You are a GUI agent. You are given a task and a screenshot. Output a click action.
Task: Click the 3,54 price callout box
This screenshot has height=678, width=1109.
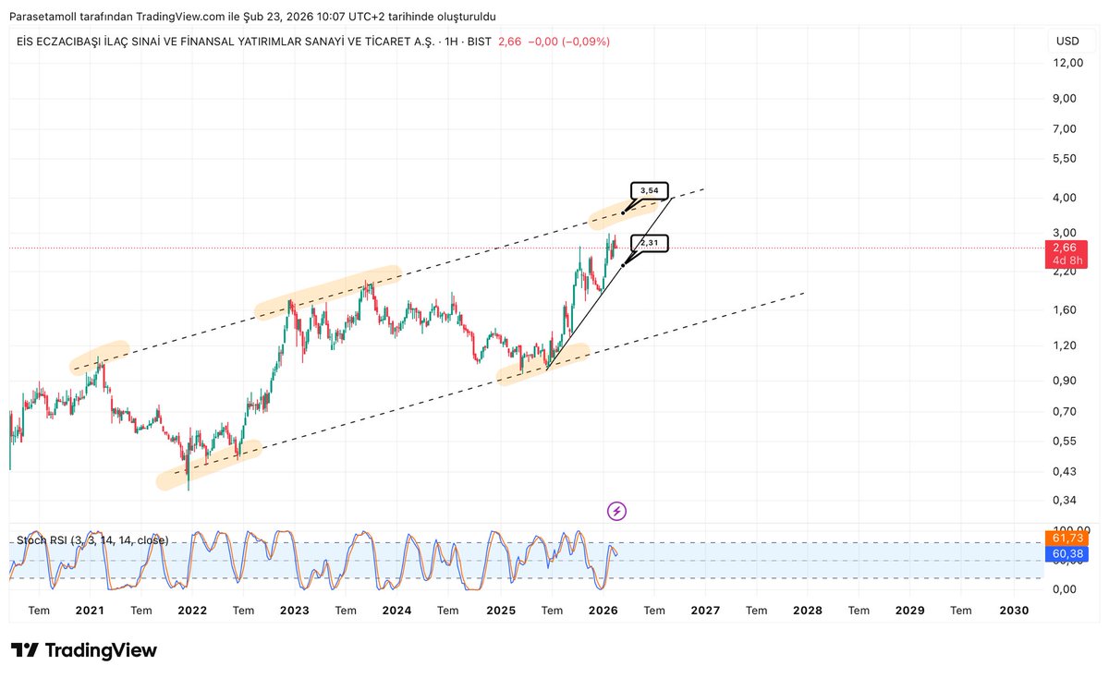(650, 191)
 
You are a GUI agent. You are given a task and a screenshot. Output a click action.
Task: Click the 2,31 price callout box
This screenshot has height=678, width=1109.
(650, 243)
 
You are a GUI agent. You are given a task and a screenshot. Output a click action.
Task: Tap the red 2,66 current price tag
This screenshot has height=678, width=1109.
(1064, 248)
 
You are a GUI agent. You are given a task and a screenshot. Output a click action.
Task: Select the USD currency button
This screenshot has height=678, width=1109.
(1067, 42)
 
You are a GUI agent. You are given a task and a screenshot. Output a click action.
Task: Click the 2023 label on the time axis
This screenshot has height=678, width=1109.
(294, 611)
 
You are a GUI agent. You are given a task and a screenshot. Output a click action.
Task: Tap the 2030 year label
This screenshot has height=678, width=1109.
(1014, 611)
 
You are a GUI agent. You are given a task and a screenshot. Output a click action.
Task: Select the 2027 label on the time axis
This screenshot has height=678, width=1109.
(705, 611)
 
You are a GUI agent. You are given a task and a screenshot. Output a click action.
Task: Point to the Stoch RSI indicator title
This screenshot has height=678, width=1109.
(92, 539)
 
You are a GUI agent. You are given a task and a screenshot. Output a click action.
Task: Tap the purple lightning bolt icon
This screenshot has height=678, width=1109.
(616, 511)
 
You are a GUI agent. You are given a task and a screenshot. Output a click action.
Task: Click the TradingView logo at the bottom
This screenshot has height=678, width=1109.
(84, 650)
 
